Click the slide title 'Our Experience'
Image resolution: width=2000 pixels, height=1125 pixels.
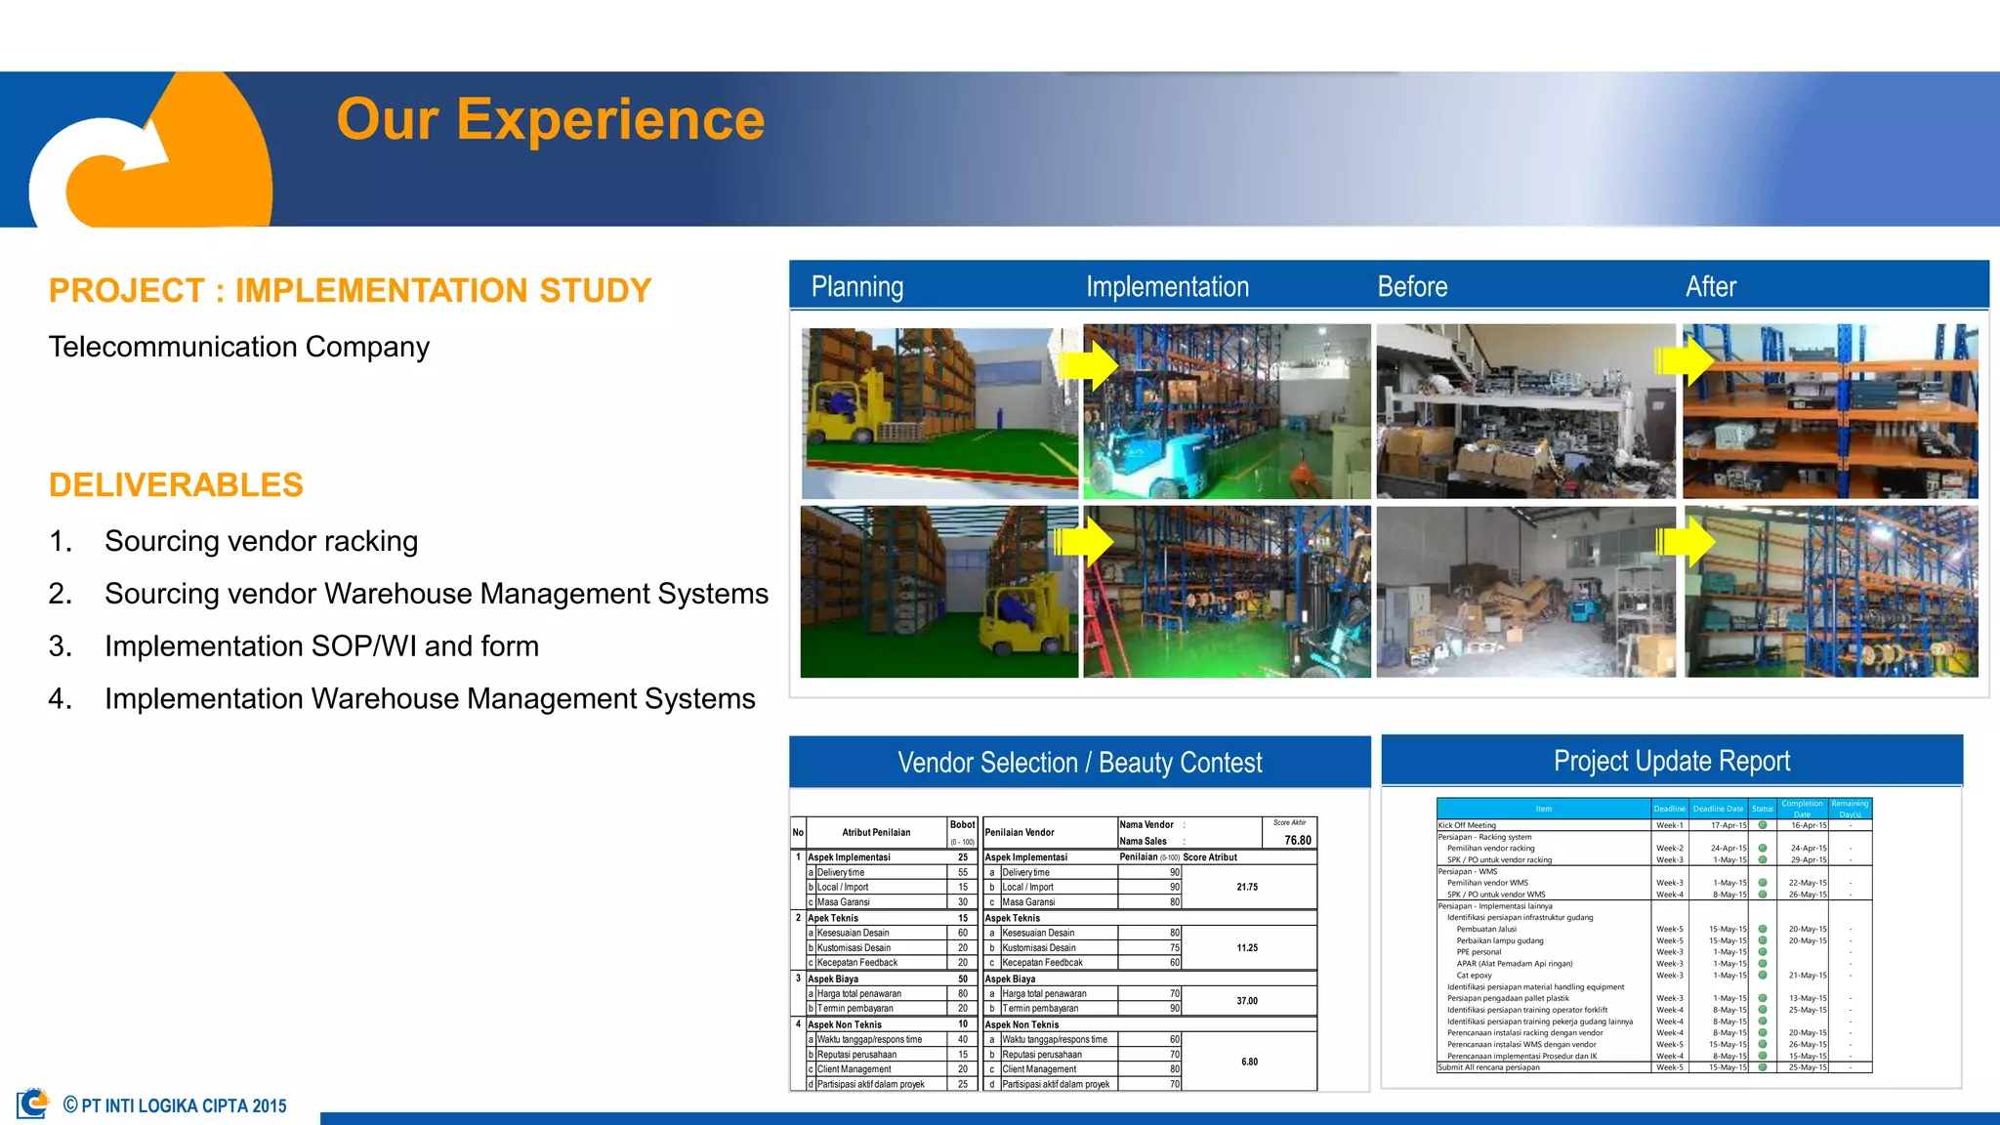click(x=550, y=119)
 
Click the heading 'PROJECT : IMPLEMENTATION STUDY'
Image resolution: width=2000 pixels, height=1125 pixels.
click(x=350, y=291)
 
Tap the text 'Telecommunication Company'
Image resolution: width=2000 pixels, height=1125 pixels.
click(x=239, y=347)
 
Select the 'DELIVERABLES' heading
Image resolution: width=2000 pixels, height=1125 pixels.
click(x=176, y=485)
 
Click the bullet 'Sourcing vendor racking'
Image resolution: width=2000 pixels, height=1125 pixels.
click(x=261, y=541)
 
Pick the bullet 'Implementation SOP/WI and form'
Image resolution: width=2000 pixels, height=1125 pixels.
click(x=321, y=646)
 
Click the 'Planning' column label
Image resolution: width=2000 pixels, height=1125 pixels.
click(x=856, y=287)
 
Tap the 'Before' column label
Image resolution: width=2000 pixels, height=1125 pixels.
click(x=1412, y=287)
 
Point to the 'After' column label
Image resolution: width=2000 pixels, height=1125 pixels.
click(x=1710, y=287)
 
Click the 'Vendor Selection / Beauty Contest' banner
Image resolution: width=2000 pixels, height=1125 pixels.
click(x=1079, y=763)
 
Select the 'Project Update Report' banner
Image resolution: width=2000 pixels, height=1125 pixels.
click(x=1671, y=761)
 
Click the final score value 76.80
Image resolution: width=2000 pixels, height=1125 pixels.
click(x=1297, y=840)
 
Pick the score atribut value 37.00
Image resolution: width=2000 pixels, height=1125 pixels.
click(x=1247, y=1001)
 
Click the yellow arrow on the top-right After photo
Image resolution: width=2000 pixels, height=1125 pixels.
click(x=1686, y=361)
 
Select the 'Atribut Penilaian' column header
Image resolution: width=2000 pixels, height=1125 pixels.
click(x=875, y=832)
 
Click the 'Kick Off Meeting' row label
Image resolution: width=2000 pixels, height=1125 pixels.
click(x=1467, y=825)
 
